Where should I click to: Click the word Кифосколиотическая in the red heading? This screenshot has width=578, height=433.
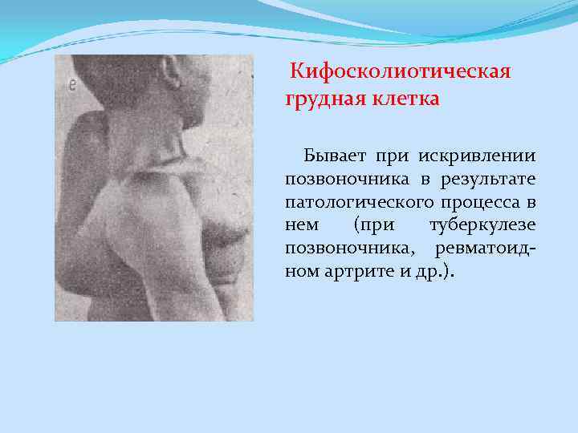[401, 74]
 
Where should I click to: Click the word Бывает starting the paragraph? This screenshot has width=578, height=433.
[330, 153]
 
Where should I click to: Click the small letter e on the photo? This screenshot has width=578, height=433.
[72, 83]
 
